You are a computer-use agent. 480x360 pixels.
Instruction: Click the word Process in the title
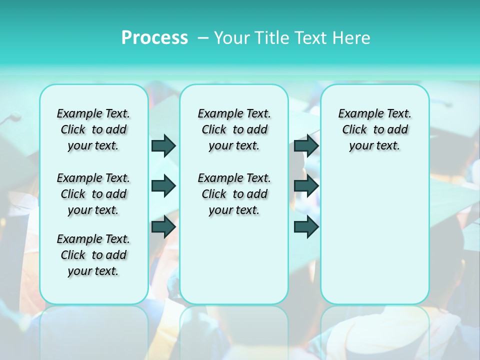tap(154, 38)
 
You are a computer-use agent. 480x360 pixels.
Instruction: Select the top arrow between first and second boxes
tap(163, 145)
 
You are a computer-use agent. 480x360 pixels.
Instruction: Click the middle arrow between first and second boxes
tap(163, 186)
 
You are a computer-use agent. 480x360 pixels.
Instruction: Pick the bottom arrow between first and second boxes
tap(163, 227)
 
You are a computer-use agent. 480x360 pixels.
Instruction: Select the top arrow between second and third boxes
tap(306, 145)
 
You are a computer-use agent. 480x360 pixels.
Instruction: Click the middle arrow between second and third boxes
tap(306, 186)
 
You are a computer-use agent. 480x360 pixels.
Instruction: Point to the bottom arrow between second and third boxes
tap(306, 227)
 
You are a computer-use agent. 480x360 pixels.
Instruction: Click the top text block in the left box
tap(93, 129)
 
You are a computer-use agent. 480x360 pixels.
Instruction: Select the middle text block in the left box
tap(93, 194)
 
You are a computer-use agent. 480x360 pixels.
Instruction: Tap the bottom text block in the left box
tap(93, 255)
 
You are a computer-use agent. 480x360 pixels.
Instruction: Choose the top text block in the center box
tap(234, 129)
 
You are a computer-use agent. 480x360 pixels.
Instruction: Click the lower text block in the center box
tap(234, 194)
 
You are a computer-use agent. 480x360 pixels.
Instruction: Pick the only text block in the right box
tap(375, 129)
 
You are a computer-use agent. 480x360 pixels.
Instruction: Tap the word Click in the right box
tap(354, 130)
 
